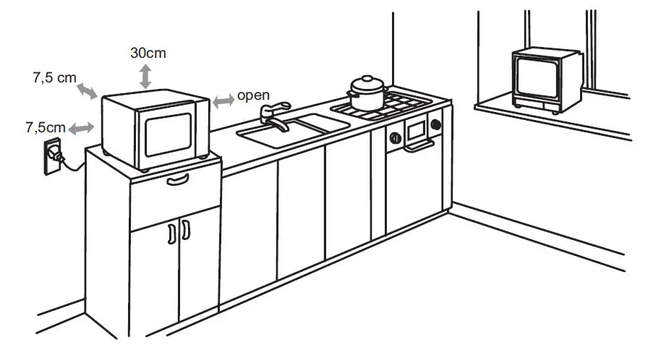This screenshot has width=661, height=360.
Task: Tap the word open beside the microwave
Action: [253, 95]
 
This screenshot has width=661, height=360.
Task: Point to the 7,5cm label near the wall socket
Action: [46, 128]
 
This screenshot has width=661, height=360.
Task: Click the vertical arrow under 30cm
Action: [145, 76]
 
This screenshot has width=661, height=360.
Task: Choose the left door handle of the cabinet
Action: [171, 232]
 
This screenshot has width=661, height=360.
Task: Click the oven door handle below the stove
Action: [419, 147]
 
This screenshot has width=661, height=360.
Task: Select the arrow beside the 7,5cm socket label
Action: [82, 128]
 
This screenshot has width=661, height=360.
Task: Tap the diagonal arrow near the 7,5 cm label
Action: [89, 90]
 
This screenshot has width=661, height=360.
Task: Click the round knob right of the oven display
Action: [435, 124]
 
